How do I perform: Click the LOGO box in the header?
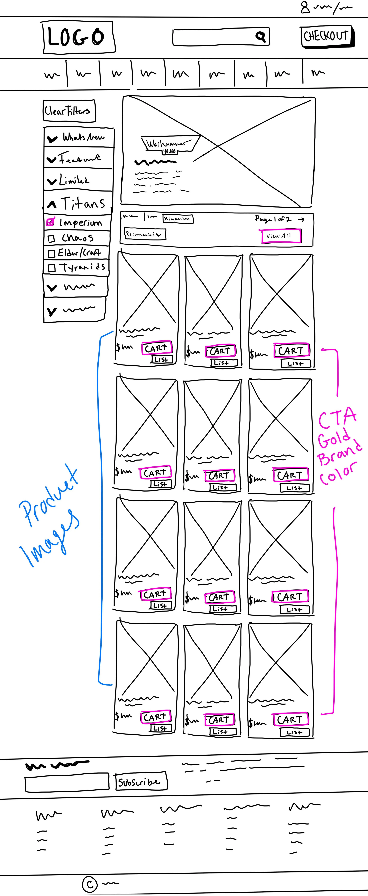[79, 37]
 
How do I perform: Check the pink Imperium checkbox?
[50, 222]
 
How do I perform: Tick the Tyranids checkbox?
[51, 268]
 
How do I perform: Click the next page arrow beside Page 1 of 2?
[301, 219]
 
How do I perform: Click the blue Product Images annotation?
[49, 515]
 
